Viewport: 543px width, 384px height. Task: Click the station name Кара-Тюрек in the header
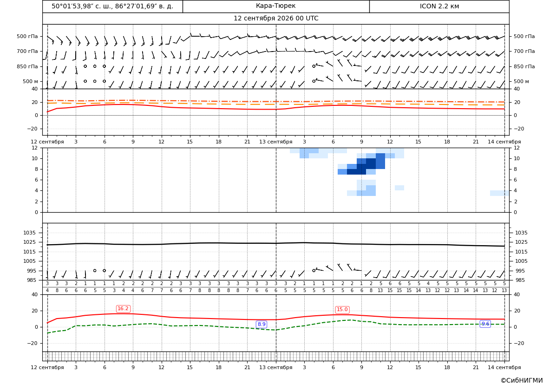pyautogui.click(x=275, y=6)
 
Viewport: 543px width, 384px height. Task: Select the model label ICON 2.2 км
pyautogui.click(x=439, y=6)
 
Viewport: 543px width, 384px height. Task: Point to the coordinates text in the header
pyautogui.click(x=112, y=6)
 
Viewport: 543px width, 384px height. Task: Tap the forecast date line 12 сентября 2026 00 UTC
pyautogui.click(x=275, y=19)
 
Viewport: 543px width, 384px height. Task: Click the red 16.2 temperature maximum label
pyautogui.click(x=123, y=308)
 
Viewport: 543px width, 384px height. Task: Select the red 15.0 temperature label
pyautogui.click(x=342, y=310)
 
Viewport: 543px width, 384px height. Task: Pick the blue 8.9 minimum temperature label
pyautogui.click(x=262, y=324)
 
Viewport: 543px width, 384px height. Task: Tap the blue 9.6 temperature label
pyautogui.click(x=485, y=324)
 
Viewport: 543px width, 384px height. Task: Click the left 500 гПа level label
pyautogui.click(x=27, y=36)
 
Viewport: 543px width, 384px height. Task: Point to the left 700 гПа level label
pyautogui.click(x=27, y=51)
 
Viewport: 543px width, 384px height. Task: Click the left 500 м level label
pyautogui.click(x=31, y=81)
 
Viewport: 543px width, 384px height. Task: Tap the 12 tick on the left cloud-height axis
pyautogui.click(x=35, y=148)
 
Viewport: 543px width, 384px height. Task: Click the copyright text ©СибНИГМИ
pyautogui.click(x=522, y=380)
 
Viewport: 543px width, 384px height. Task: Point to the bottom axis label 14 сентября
pyautogui.click(x=504, y=367)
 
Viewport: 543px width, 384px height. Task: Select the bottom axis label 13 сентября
pyautogui.click(x=275, y=367)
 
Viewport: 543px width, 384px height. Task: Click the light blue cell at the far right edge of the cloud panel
pyautogui.click(x=499, y=193)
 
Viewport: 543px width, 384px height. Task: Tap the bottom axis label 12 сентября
pyautogui.click(x=47, y=367)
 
